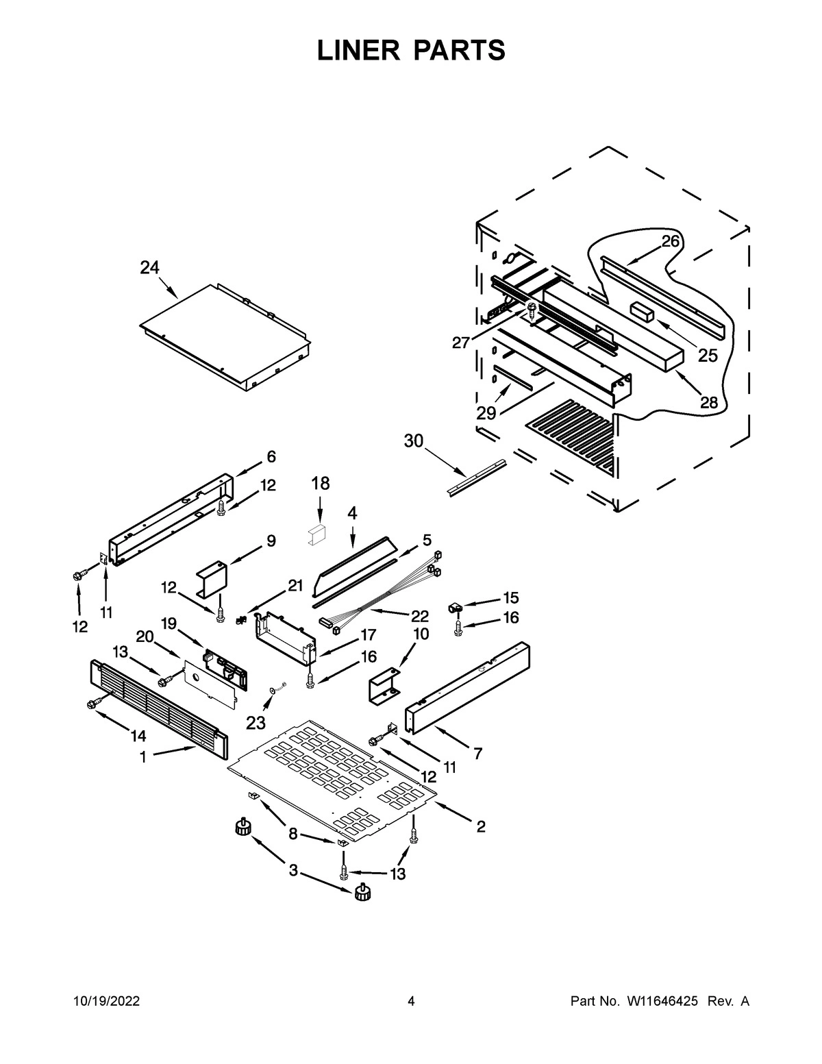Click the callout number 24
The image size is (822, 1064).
149,268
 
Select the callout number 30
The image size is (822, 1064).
414,441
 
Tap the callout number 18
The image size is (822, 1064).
321,483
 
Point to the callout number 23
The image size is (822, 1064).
255,722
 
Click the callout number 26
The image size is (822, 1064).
671,241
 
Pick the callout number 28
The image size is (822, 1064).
708,402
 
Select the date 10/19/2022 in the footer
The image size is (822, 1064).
106,1002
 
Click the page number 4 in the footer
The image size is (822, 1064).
411,1002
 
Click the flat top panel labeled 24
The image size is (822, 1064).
223,336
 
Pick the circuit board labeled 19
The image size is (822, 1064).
223,669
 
